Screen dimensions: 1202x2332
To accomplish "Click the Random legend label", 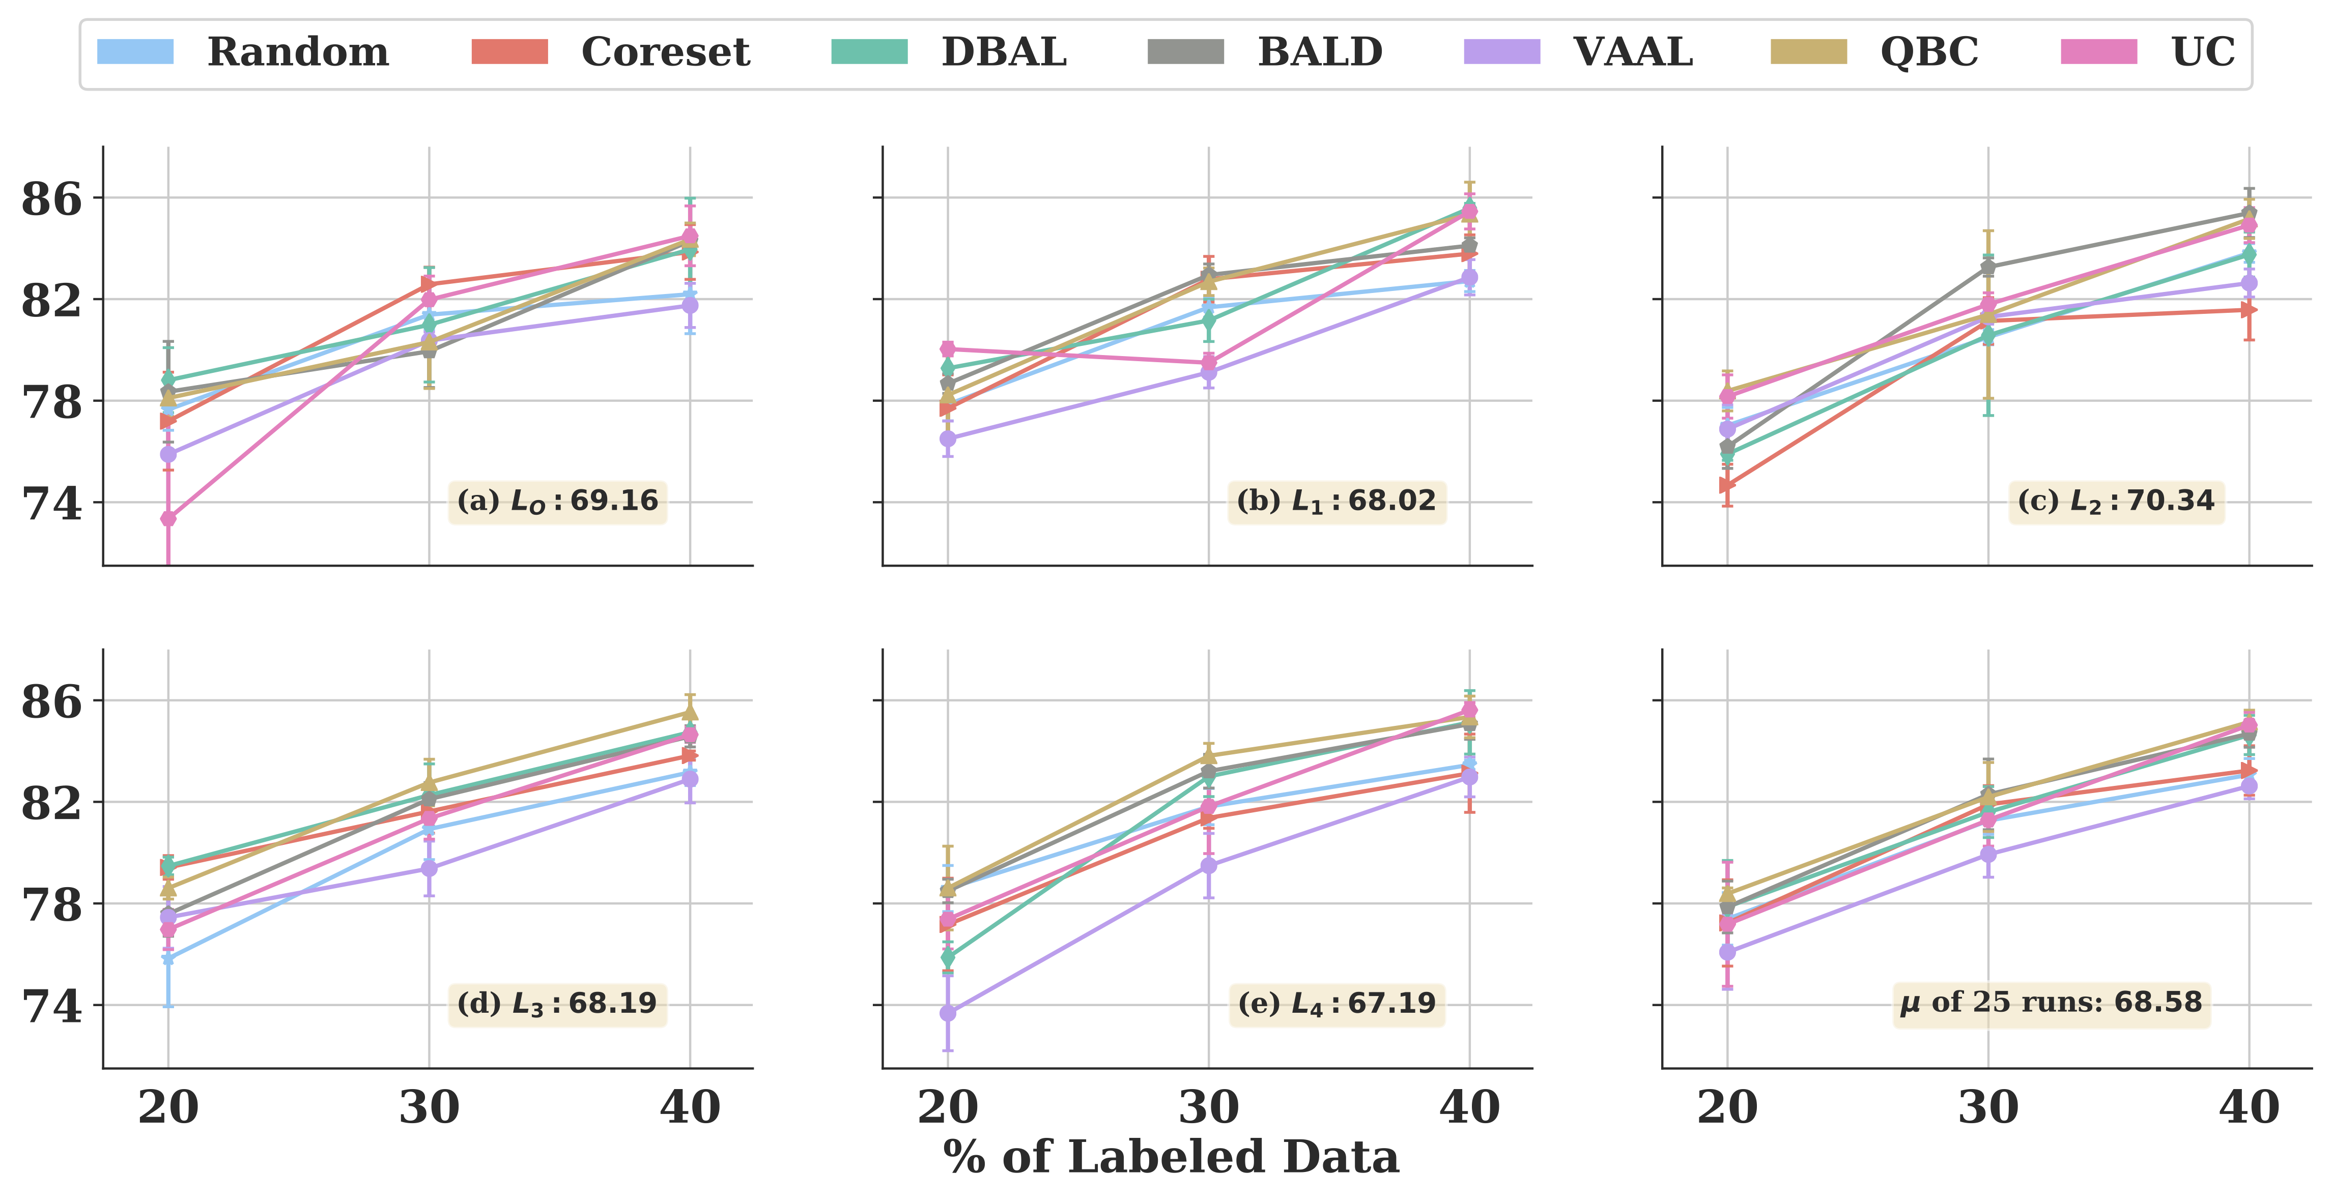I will pyautogui.click(x=298, y=52).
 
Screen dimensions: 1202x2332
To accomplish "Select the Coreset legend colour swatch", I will pyautogui.click(x=509, y=51).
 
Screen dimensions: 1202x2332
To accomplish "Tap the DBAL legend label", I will pyautogui.click(x=1004, y=52).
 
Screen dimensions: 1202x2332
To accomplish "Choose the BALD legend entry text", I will pyautogui.click(x=1320, y=52).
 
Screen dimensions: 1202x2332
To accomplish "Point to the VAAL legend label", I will pyautogui.click(x=1633, y=52).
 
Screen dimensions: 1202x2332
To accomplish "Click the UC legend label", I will pyautogui.click(x=2203, y=52).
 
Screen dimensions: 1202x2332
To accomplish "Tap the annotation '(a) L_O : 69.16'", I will pyautogui.click(x=558, y=502).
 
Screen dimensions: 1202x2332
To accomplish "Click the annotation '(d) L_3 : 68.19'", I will pyautogui.click(x=558, y=1004).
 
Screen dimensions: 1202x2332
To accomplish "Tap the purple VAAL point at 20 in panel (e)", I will pyautogui.click(x=948, y=1013).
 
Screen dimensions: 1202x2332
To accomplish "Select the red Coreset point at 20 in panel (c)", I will pyautogui.click(x=1727, y=485).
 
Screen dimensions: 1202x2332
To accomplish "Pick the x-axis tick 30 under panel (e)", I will pyautogui.click(x=1209, y=1108).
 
